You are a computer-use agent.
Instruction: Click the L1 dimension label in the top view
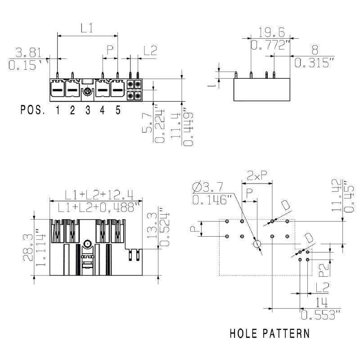pyautogui.click(x=87, y=28)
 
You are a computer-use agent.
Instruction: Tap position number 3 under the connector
pyautogui.click(x=88, y=110)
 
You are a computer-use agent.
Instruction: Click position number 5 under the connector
pyautogui.click(x=118, y=110)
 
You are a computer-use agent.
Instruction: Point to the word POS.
pyautogui.click(x=33, y=110)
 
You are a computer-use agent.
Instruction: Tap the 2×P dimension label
pyautogui.click(x=256, y=175)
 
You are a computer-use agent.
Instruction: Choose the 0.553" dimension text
pyautogui.click(x=320, y=315)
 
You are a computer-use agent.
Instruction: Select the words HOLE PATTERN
pyautogui.click(x=269, y=334)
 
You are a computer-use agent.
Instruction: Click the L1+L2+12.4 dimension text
pyautogui.click(x=99, y=194)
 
